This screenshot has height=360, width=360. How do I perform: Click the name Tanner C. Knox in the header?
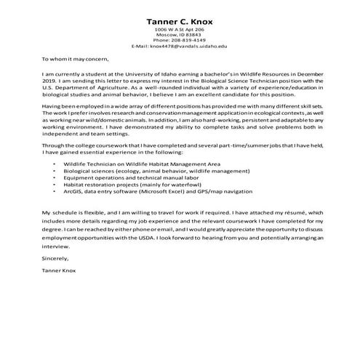[x=180, y=17]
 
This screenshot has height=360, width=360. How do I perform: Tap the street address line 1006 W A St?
[x=180, y=28]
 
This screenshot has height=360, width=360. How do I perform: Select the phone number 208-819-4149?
[x=190, y=40]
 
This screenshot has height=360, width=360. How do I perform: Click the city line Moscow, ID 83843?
[x=180, y=34]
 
